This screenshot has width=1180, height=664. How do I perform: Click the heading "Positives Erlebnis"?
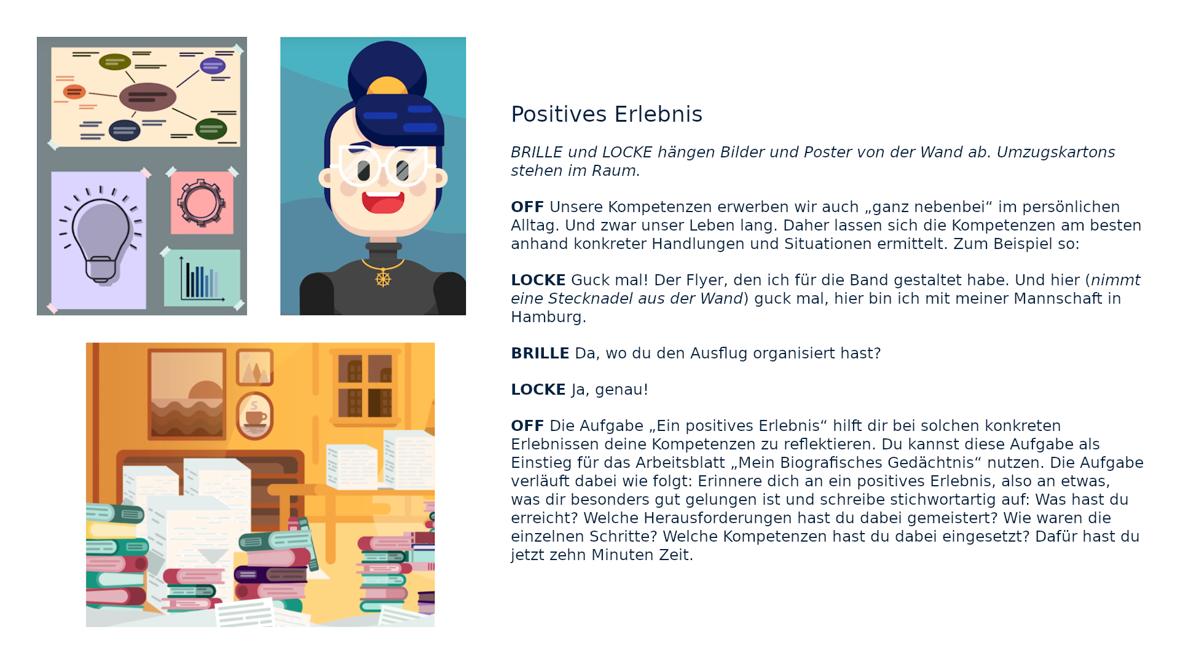point(606,114)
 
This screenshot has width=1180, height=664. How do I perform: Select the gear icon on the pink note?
point(201,203)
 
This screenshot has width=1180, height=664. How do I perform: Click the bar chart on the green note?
point(202,279)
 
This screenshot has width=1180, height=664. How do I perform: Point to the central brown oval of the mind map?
point(147,97)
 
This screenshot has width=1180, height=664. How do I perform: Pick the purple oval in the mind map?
point(213,65)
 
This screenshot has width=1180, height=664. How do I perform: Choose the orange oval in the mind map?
point(74,92)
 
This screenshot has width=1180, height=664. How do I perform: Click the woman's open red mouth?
point(383,202)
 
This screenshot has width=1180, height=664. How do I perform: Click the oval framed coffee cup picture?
point(254,416)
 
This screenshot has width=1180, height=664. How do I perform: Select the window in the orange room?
point(365,386)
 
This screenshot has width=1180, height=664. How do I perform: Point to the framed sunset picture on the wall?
point(187,394)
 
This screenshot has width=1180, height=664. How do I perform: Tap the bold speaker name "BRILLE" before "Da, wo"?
point(540,354)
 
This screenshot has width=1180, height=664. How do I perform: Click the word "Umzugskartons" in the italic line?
point(1056,152)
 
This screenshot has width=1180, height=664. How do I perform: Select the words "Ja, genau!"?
point(610,390)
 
